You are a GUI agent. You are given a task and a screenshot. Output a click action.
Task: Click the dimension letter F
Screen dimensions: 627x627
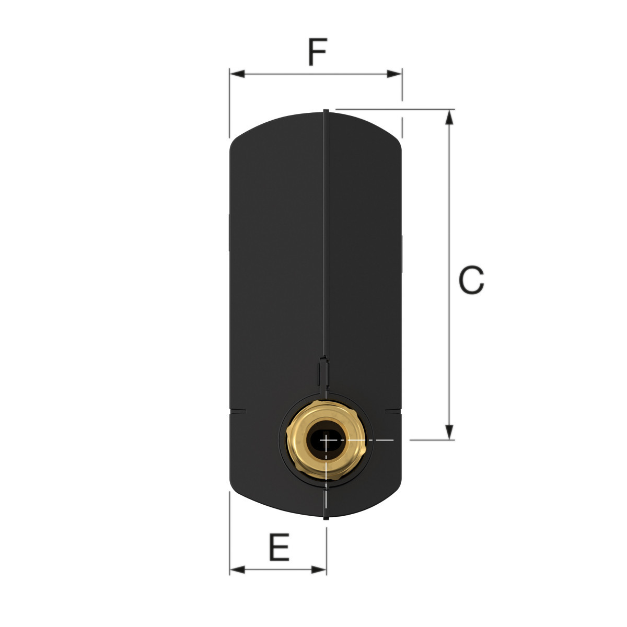point(317,52)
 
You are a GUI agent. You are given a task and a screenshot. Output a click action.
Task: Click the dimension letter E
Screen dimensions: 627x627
point(280,547)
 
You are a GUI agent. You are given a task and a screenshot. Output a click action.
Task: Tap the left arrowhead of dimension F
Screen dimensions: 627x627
point(237,74)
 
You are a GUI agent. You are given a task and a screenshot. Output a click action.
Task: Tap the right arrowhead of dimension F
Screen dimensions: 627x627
point(394,74)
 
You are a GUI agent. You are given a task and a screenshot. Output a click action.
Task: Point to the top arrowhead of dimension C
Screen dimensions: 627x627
point(449,117)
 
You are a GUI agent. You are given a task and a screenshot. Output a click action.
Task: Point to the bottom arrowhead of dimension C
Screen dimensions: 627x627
point(449,432)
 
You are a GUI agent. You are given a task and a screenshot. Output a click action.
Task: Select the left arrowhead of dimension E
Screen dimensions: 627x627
point(237,578)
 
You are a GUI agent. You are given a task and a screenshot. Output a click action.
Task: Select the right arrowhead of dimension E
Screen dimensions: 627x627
point(319,578)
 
